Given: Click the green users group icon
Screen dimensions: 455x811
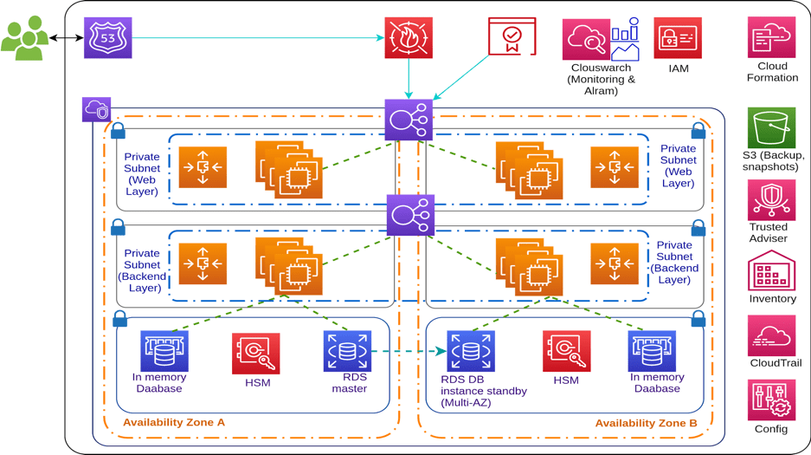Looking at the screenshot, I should pyautogui.click(x=24, y=38).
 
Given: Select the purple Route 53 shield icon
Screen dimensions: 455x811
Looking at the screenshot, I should pyautogui.click(x=108, y=38).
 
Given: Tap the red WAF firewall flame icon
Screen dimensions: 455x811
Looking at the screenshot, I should pyautogui.click(x=409, y=38).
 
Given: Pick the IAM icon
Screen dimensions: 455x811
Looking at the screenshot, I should pyautogui.click(x=678, y=38).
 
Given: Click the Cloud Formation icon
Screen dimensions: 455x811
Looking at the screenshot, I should pyautogui.click(x=771, y=38).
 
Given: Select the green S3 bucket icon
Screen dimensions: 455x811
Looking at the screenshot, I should pyautogui.click(x=771, y=128).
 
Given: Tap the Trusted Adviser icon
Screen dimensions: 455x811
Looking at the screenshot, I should pyautogui.click(x=771, y=200).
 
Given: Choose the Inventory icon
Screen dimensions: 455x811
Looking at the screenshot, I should pyautogui.click(x=771, y=271).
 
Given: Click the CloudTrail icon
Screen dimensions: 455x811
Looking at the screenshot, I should pyautogui.click(x=771, y=336).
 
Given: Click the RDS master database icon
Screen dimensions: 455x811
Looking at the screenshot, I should pyautogui.click(x=347, y=351).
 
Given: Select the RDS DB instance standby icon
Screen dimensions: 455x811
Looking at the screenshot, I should pyautogui.click(x=470, y=351).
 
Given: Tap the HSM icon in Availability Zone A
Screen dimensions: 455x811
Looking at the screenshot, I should pyautogui.click(x=256, y=354).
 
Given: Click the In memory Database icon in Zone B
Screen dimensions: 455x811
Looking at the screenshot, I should pyautogui.click(x=652, y=351).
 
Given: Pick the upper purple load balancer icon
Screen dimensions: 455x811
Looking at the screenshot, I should pyautogui.click(x=409, y=120).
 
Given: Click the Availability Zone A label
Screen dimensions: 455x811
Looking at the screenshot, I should pyautogui.click(x=174, y=422).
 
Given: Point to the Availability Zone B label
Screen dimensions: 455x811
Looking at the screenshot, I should pyautogui.click(x=646, y=423).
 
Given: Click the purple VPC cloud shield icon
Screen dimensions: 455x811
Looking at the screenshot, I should pyautogui.click(x=97, y=110).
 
